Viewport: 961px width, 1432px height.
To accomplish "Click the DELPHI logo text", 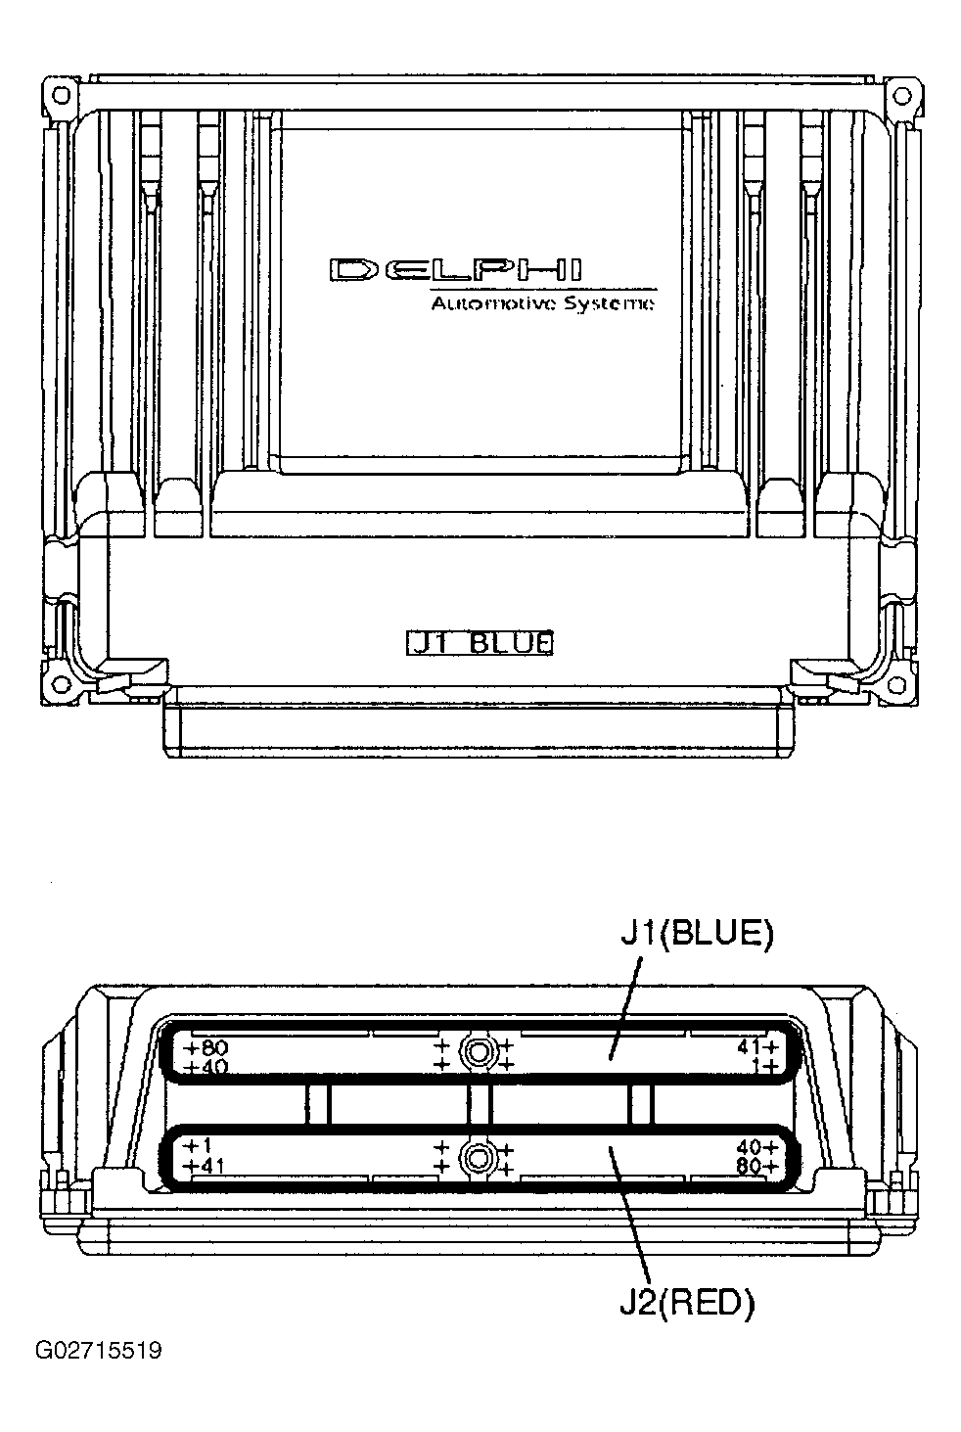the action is click(456, 270).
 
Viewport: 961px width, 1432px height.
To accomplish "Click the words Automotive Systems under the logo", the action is click(543, 303).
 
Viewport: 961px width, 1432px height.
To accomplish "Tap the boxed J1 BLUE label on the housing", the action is click(480, 642).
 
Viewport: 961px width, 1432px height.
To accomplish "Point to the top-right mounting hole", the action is click(901, 95).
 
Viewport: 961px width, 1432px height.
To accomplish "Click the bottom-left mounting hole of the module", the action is click(62, 684).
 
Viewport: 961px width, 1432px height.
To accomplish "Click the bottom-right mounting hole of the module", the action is click(897, 684).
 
